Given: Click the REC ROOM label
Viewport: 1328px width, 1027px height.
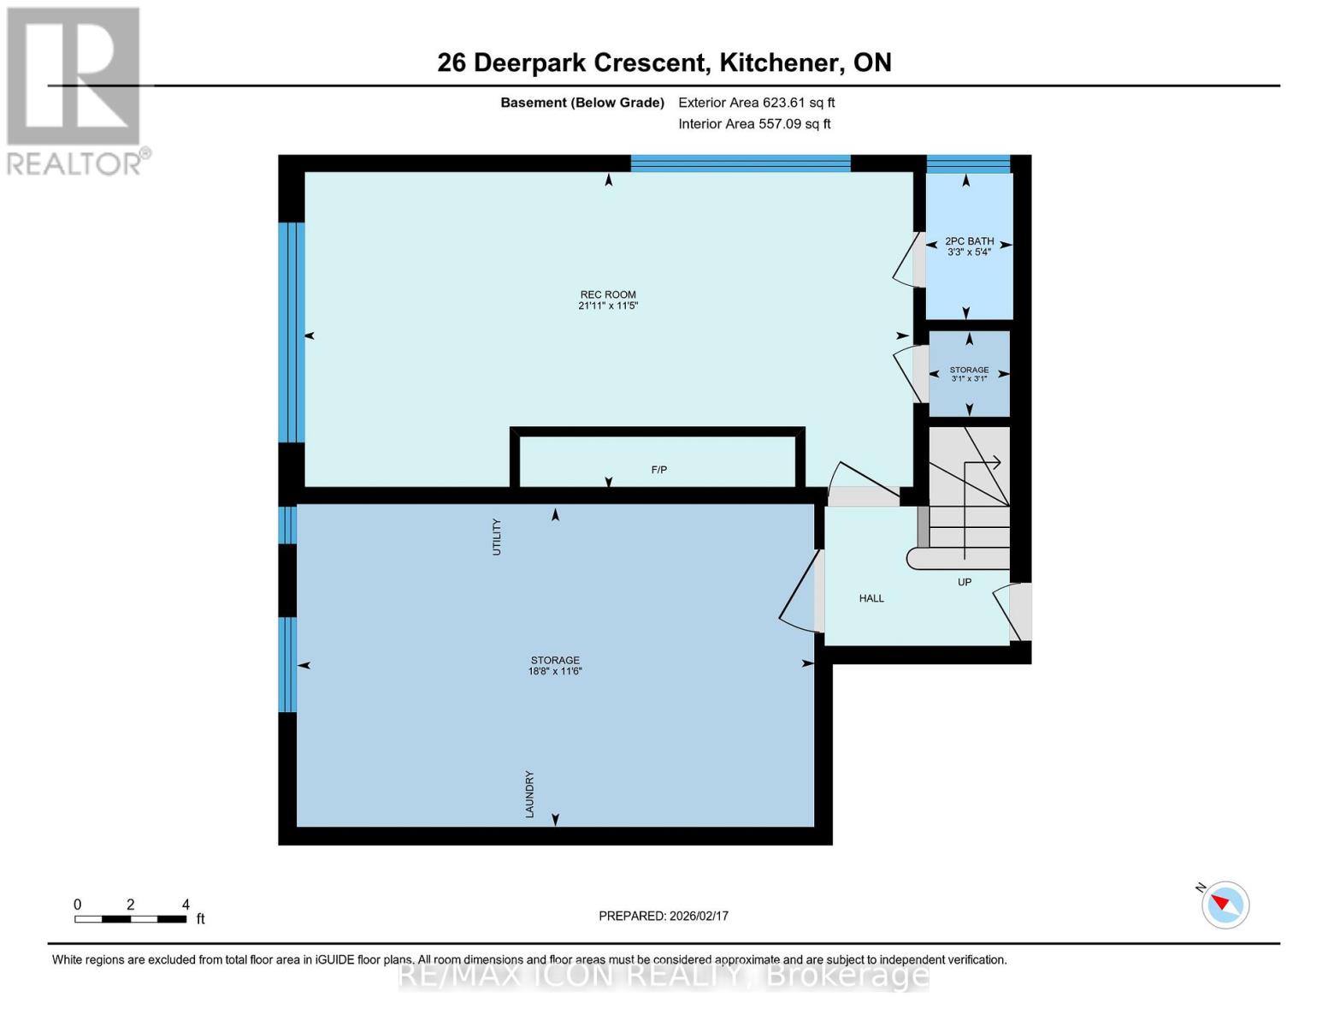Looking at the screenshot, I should tap(608, 294).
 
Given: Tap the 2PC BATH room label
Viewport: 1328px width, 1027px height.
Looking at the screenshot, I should tap(969, 241).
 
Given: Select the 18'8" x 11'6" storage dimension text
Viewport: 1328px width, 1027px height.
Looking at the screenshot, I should tap(555, 672).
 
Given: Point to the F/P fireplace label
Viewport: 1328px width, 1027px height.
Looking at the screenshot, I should tap(658, 470).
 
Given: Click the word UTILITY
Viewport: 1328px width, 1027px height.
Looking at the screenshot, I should tap(497, 537).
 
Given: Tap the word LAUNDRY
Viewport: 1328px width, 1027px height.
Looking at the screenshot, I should tap(529, 794).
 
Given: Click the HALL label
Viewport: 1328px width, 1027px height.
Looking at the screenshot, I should tap(871, 598).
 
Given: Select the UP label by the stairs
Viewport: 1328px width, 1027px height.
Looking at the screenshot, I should tap(965, 582).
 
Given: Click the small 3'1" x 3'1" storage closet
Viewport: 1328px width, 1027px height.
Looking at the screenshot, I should tap(969, 374).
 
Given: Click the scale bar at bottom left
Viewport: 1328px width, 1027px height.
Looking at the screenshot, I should tap(130, 918).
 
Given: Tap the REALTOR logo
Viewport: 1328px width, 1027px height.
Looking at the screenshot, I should tap(75, 90).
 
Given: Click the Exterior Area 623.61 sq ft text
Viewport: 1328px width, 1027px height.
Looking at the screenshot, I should tap(756, 103).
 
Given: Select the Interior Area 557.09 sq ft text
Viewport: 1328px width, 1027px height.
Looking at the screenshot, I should tap(754, 124).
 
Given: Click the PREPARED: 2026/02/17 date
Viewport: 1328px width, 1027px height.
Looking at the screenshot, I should tap(664, 916).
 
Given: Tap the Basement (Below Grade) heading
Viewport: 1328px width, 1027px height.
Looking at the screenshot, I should tap(582, 103).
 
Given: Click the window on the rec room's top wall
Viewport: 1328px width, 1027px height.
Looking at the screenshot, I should tap(741, 163).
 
